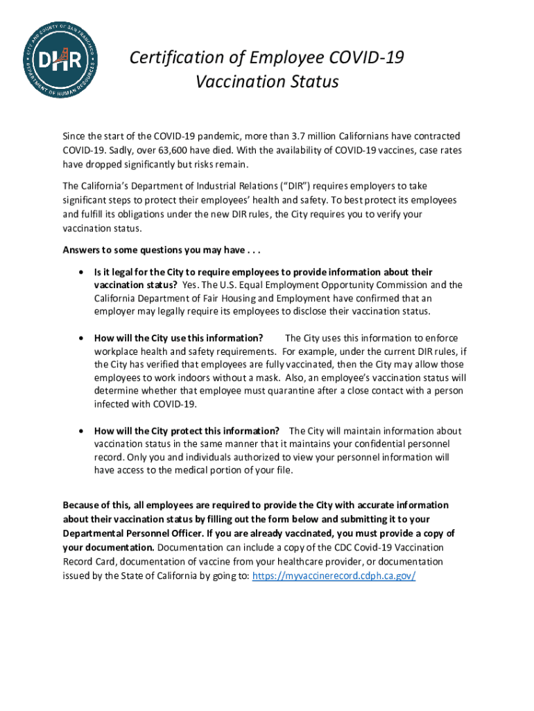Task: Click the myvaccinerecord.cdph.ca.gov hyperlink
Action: [x=334, y=576]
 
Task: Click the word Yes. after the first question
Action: [x=190, y=285]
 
